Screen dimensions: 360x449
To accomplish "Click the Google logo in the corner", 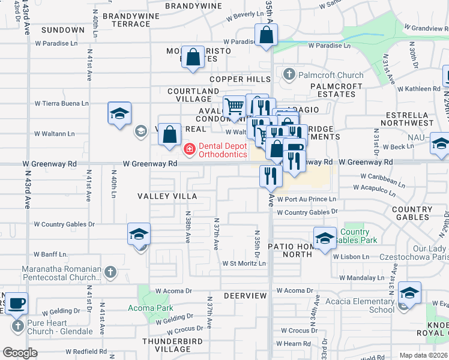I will pyautogui.click(x=20, y=353).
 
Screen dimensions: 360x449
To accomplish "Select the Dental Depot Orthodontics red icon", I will pyautogui.click(x=189, y=148).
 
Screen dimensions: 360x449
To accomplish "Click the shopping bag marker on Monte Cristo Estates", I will pyautogui.click(x=192, y=58).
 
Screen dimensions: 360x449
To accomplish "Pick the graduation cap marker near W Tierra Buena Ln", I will pyautogui.click(x=119, y=112).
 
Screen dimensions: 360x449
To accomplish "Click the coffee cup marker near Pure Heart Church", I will pyautogui.click(x=16, y=302).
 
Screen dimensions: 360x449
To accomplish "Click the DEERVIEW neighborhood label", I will pyautogui.click(x=245, y=296).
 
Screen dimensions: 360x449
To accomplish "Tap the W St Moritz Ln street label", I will pyautogui.click(x=244, y=263).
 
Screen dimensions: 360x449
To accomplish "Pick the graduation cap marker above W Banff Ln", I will pyautogui.click(x=139, y=235).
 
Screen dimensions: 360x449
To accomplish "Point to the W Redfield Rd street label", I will pyautogui.click(x=86, y=352).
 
